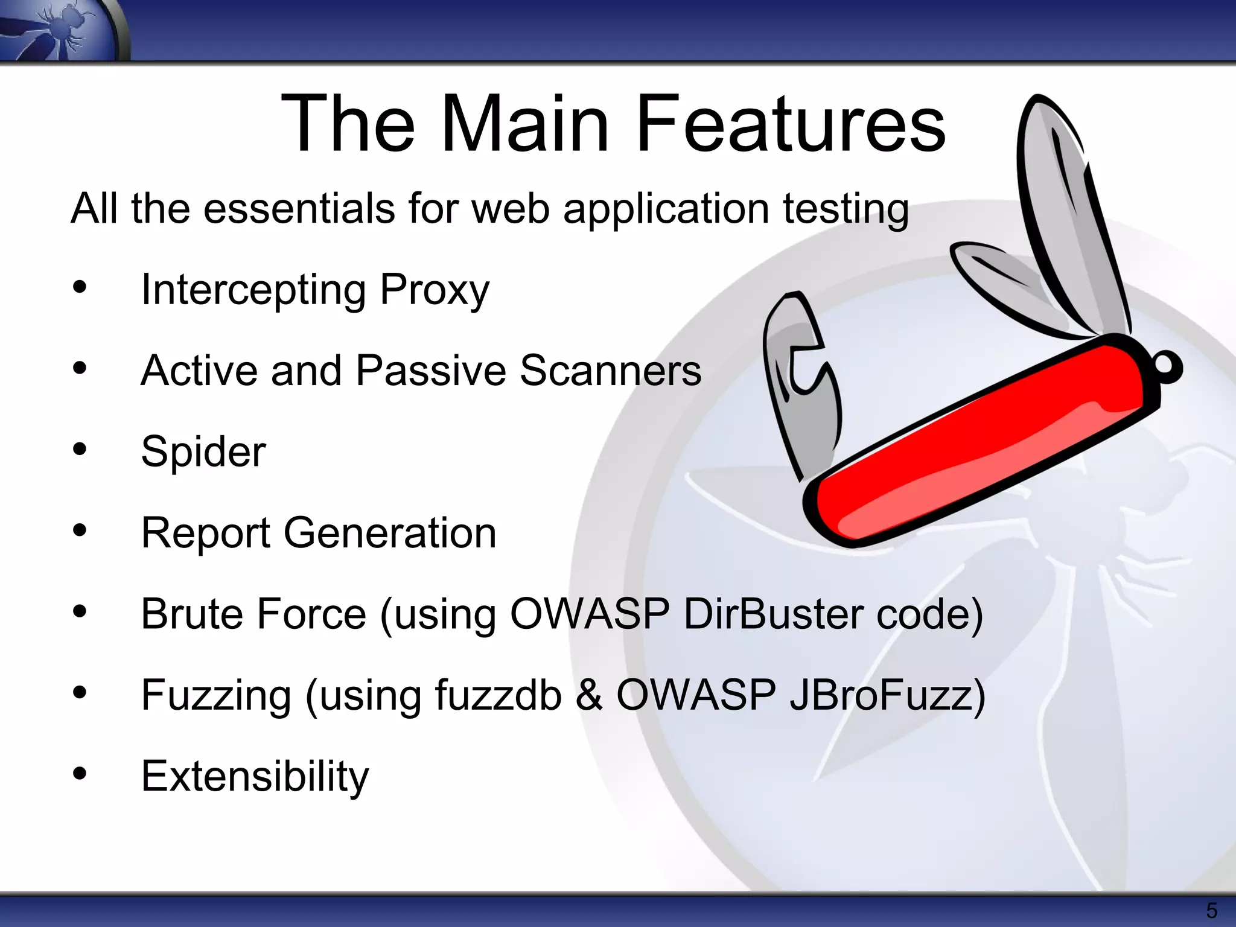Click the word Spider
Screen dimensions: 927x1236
coord(203,451)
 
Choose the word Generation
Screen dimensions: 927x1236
coord(390,533)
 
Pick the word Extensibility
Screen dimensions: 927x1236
coord(255,776)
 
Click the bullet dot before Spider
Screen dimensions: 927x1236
coord(80,449)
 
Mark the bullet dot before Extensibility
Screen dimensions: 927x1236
coord(80,774)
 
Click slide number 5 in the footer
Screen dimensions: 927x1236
coord(1211,910)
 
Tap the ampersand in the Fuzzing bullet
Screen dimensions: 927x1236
coord(588,695)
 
